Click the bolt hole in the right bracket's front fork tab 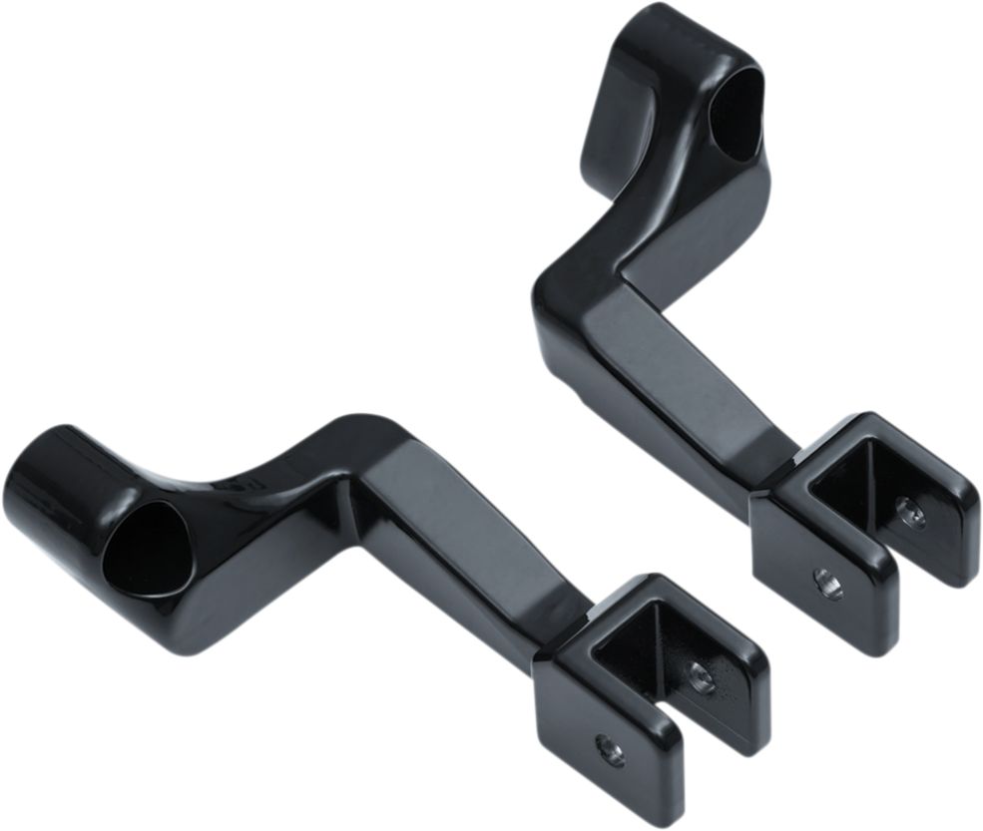pos(827,583)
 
